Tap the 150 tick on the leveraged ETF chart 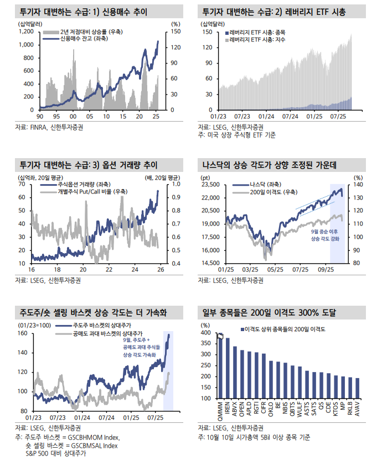(x=208, y=32)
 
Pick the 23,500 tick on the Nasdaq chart (x=211, y=184)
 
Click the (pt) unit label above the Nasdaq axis (x=205, y=177)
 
